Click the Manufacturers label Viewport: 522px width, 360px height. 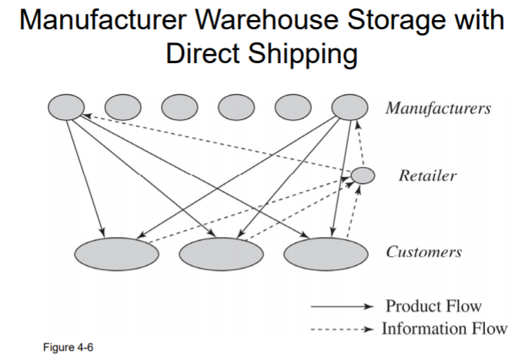(x=437, y=108)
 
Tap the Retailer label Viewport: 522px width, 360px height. (x=427, y=176)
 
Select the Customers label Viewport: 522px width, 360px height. (x=424, y=252)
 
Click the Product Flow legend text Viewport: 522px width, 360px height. (x=433, y=305)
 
